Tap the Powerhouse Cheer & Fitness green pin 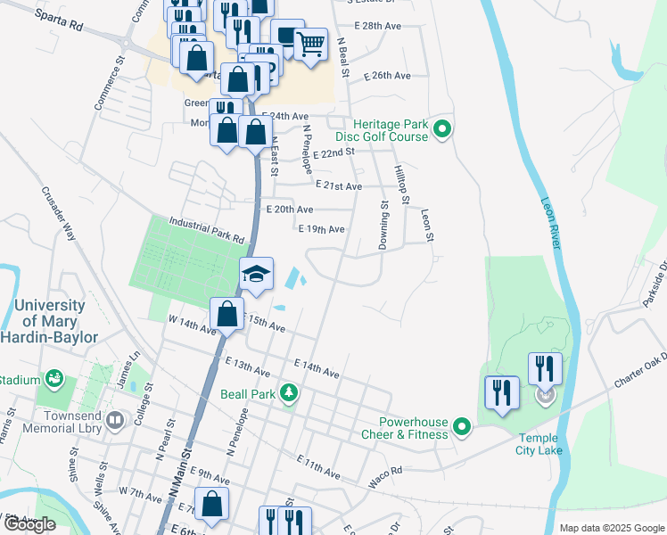(x=462, y=428)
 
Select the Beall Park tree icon (x=288, y=392)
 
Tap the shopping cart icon (x=310, y=42)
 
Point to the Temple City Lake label (x=539, y=443)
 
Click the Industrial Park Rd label (x=207, y=230)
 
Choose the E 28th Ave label (x=382, y=26)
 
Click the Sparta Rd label (x=61, y=22)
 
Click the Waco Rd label (x=386, y=477)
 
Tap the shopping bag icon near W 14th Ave (x=227, y=315)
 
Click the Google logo (x=29, y=524)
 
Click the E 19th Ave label (x=321, y=229)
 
